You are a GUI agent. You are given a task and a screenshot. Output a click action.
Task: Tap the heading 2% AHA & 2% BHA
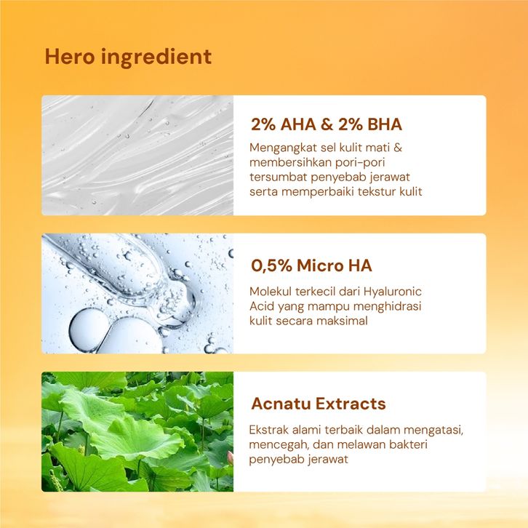[327, 124]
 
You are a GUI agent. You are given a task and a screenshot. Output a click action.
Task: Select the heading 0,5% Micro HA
[311, 265]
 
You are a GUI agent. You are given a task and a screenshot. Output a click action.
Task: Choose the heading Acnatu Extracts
[319, 404]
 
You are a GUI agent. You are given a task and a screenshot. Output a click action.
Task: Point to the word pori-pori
[359, 163]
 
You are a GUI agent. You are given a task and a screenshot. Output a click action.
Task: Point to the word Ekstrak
[268, 430]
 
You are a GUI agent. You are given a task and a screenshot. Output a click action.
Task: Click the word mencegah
[279, 445]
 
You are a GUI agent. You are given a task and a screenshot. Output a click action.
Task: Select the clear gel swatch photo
[137, 155]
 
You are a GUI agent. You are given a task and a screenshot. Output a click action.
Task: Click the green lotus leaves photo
[137, 432]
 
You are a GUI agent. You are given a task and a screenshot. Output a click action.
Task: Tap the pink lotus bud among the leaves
[231, 458]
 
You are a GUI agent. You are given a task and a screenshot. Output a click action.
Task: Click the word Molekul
[271, 292]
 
